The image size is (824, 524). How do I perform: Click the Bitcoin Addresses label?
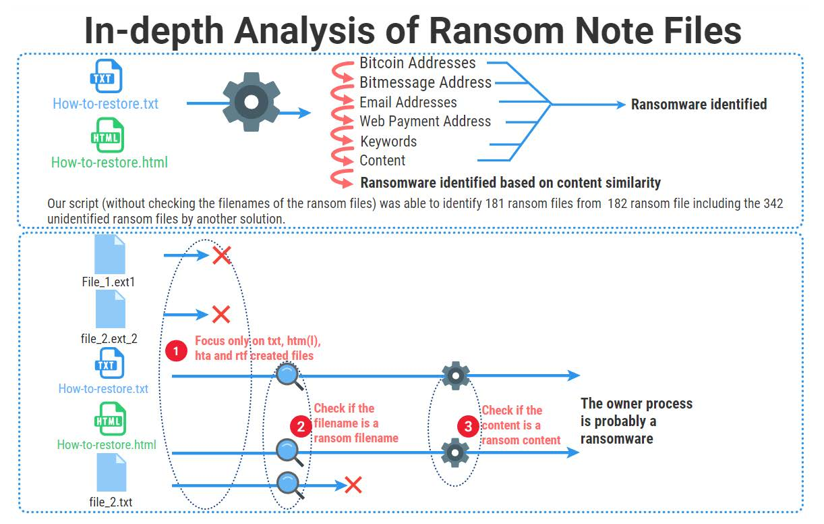[x=417, y=63]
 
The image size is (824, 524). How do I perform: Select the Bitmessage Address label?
[x=425, y=83]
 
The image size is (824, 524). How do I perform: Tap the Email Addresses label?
[x=408, y=103]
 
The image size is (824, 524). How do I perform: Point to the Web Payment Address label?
[x=425, y=122]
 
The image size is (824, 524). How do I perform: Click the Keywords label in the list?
[x=388, y=142]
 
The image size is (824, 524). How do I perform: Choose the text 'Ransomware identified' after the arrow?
[x=699, y=105]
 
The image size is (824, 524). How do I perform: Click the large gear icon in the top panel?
[x=251, y=103]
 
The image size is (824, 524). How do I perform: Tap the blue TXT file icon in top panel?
[x=106, y=76]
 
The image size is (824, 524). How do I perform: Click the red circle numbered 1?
[x=176, y=351]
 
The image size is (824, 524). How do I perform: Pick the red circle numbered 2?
[x=300, y=426]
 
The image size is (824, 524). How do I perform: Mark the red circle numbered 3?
[x=468, y=426]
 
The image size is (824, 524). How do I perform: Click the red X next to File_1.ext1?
[x=222, y=255]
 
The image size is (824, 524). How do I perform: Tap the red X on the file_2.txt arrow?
[x=353, y=484]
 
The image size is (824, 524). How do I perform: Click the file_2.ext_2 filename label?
[x=109, y=338]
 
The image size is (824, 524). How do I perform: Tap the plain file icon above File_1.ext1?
[x=110, y=254]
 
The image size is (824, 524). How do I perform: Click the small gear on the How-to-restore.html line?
[x=455, y=452]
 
